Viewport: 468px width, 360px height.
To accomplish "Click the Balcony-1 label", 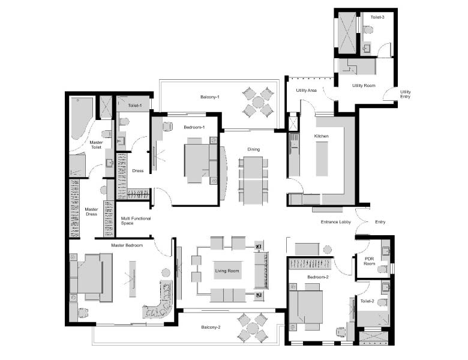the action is click(x=210, y=97).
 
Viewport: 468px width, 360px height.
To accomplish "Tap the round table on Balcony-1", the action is click(x=258, y=103).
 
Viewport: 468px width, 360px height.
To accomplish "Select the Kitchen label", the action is click(x=321, y=136).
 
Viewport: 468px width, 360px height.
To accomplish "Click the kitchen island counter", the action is click(x=322, y=159).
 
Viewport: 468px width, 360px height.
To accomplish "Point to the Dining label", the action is click(x=253, y=149).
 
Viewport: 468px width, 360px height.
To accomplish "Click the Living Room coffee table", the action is click(x=227, y=271).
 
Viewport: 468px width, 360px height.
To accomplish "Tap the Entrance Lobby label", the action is click(x=336, y=222).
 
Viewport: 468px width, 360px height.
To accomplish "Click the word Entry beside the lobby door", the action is click(x=380, y=222).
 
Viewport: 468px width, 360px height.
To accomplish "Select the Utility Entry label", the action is click(x=406, y=94).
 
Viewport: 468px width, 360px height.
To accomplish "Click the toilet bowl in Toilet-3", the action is click(x=368, y=29).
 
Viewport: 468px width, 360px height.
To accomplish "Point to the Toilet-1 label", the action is click(x=134, y=106).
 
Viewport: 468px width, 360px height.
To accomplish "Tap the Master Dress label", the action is click(x=91, y=212).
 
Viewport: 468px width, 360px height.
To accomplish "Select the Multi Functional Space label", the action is click(x=136, y=221).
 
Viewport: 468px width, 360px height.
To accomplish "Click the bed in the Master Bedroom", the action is click(x=91, y=277).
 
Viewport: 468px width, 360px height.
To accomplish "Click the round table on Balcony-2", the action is click(x=253, y=328).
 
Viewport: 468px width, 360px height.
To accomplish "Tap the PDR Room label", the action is click(x=369, y=261).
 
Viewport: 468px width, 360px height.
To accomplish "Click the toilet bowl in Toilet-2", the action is click(x=383, y=302).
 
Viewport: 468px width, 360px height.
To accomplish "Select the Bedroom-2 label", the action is click(x=318, y=277).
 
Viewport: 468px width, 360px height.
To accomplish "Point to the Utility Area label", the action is click(x=306, y=90).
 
